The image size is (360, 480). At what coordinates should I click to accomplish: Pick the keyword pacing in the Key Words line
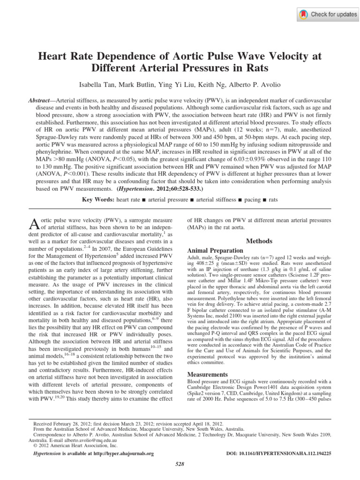[x=253, y=199]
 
